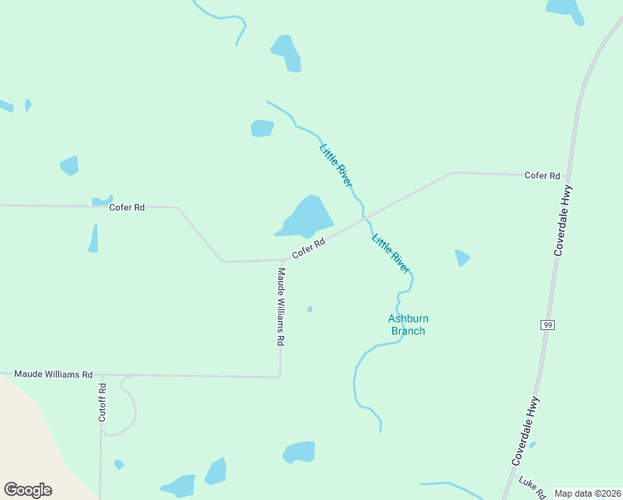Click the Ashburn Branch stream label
click(408, 325)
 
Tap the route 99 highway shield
click(547, 324)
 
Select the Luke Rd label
click(531, 487)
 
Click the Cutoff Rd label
click(102, 401)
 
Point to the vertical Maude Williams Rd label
click(282, 307)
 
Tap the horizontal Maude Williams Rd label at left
click(52, 375)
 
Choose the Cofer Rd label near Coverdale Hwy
click(542, 176)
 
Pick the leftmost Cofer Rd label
click(127, 207)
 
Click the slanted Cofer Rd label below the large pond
click(307, 248)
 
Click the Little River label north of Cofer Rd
click(336, 164)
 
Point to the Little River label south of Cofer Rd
click(391, 253)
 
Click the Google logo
click(27, 490)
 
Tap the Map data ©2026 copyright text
click(588, 493)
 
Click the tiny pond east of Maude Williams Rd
click(310, 309)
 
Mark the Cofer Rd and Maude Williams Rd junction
click(282, 260)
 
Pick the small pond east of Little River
click(461, 258)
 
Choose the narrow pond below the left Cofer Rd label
click(93, 239)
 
